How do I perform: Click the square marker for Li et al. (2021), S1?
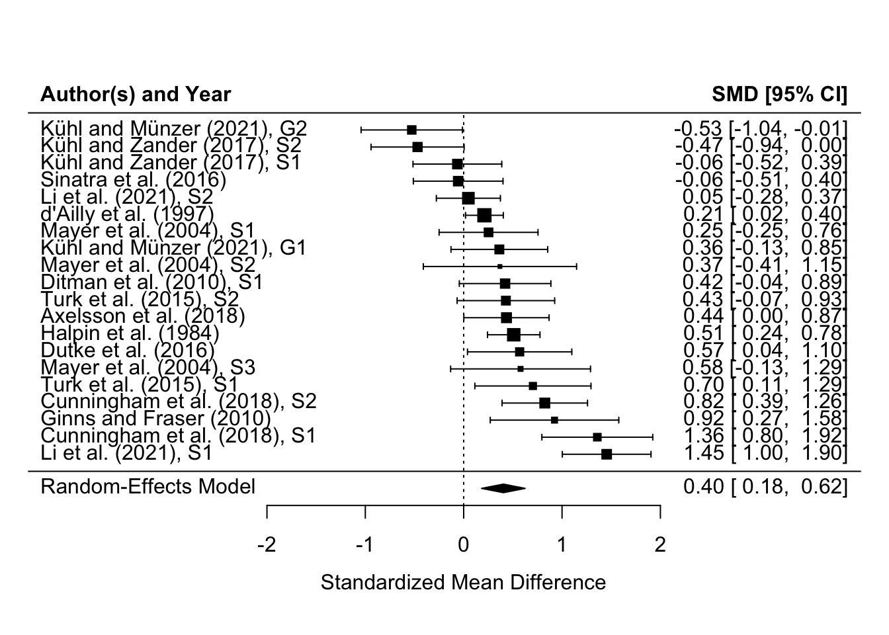pyautogui.click(x=607, y=454)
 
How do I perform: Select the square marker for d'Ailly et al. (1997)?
pyautogui.click(x=484, y=215)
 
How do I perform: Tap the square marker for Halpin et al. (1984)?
pyautogui.click(x=513, y=335)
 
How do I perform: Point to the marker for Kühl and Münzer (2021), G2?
pyautogui.click(x=411, y=130)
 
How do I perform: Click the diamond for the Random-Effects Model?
pyautogui.click(x=503, y=488)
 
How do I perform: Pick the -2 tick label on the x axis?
pyautogui.click(x=266, y=545)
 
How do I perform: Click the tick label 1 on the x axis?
pyautogui.click(x=562, y=545)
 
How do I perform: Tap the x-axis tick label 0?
pyautogui.click(x=464, y=545)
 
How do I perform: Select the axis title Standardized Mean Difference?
pyautogui.click(x=463, y=583)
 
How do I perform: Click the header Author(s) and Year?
pyautogui.click(x=136, y=95)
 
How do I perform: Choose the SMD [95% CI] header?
pyautogui.click(x=779, y=95)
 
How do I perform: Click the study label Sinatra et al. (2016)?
pyautogui.click(x=133, y=179)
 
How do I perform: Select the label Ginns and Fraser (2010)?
pyautogui.click(x=155, y=418)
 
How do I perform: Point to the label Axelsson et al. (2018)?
pyautogui.click(x=142, y=316)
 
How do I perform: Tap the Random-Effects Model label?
pyautogui.click(x=148, y=487)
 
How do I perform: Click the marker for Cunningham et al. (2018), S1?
pyautogui.click(x=597, y=437)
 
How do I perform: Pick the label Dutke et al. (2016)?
pyautogui.click(x=128, y=350)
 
